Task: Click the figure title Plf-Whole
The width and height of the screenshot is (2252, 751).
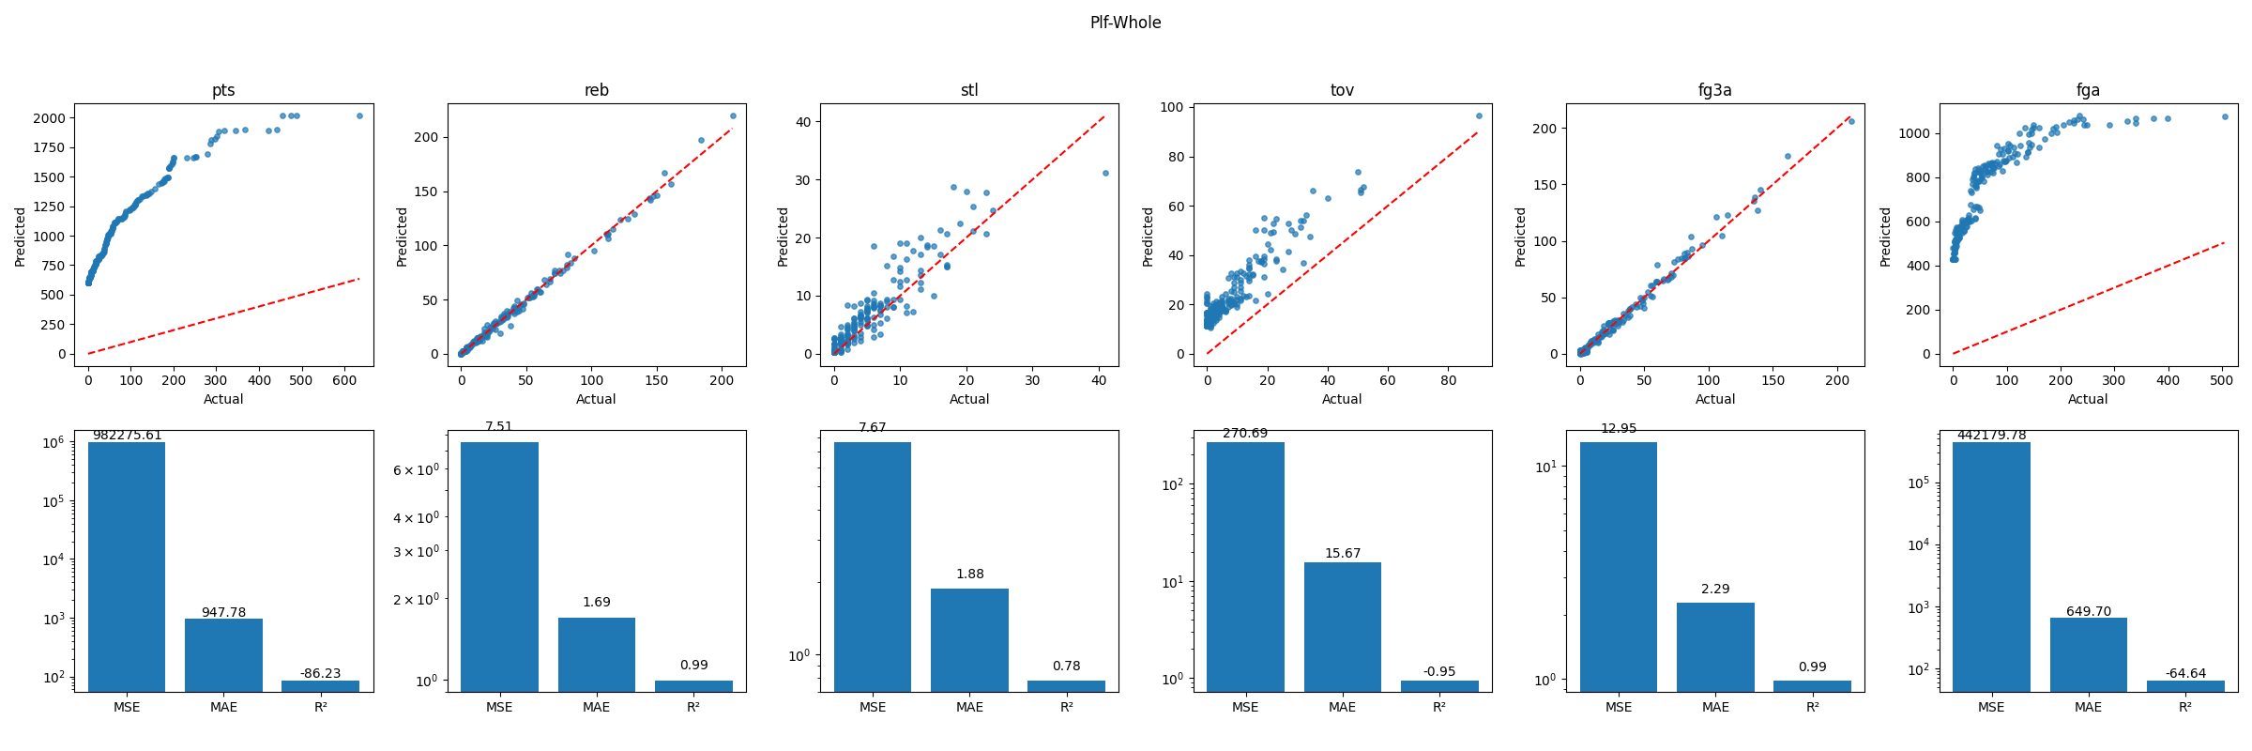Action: click(1125, 23)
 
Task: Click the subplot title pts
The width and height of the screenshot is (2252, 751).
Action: click(223, 90)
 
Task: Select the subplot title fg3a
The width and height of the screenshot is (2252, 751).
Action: click(1714, 90)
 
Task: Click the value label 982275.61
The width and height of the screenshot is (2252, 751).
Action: click(127, 435)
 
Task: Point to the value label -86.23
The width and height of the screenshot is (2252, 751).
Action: click(320, 673)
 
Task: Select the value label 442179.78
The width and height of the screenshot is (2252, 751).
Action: click(1991, 435)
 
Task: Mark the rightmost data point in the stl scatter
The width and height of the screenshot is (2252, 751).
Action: click(1105, 173)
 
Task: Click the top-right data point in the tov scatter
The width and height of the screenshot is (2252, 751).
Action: click(1479, 115)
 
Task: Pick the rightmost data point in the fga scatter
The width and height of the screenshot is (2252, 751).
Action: click(2225, 116)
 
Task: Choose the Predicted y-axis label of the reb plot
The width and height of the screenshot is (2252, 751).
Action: click(402, 237)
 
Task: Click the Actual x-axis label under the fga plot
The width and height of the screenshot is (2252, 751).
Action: click(2088, 399)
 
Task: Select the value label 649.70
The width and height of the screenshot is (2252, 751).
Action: click(2088, 611)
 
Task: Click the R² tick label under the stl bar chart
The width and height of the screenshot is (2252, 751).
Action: click(1066, 707)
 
